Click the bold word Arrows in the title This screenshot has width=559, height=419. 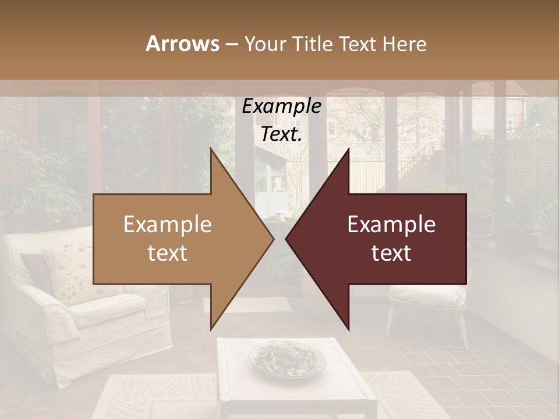tap(182, 44)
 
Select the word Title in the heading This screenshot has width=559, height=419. tap(310, 44)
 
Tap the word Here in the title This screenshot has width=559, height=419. tap(404, 44)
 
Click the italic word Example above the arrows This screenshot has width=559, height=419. tap(281, 106)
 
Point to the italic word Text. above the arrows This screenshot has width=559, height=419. tap(281, 134)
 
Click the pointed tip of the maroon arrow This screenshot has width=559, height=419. tap(288, 239)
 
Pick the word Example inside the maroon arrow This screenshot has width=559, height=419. tap(391, 225)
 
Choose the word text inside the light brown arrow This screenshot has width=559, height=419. tap(167, 253)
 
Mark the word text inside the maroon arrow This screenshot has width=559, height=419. tap(391, 253)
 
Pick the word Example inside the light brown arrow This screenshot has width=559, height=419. tap(167, 225)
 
